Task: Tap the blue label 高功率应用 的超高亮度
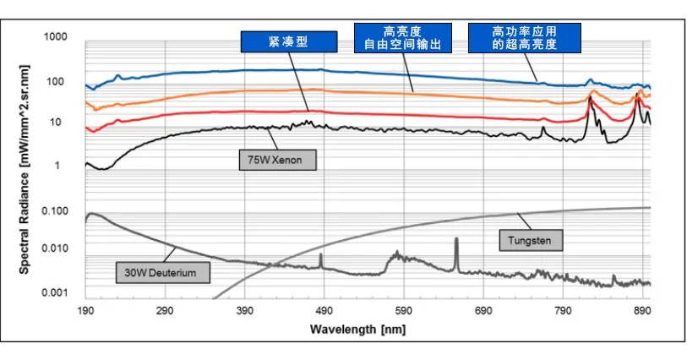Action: coord(525,37)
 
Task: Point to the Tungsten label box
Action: coord(529,241)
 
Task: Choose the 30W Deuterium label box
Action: coord(162,272)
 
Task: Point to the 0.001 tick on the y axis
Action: coord(55,292)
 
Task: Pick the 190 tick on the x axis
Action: coord(86,311)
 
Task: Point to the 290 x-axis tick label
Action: coord(166,311)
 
